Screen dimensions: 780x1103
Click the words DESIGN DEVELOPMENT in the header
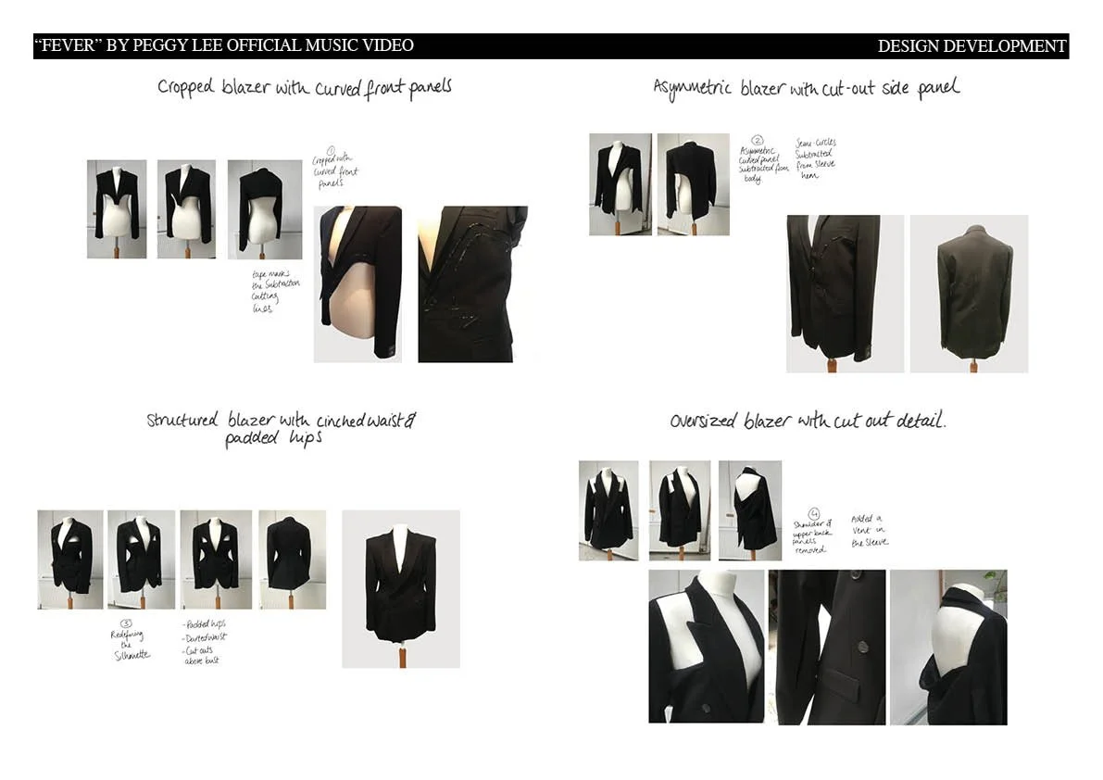pyautogui.click(x=971, y=46)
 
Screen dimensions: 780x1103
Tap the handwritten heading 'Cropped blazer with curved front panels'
pyautogui.click(x=304, y=88)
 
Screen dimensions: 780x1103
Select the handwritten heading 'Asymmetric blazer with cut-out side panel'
pyautogui.click(x=806, y=88)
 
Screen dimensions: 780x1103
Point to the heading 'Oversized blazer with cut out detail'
pyautogui.click(x=808, y=421)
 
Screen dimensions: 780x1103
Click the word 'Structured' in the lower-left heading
pyautogui.click(x=182, y=421)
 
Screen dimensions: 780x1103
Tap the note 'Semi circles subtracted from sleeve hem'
pyautogui.click(x=815, y=159)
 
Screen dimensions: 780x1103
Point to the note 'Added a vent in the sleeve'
pyautogui.click(x=869, y=530)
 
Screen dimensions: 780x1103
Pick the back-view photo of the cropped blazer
pyautogui.click(x=265, y=209)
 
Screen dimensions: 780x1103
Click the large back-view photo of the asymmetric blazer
pyautogui.click(x=969, y=294)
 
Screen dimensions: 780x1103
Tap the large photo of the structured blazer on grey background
pyautogui.click(x=401, y=588)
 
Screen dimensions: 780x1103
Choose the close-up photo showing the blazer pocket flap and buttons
pyautogui.click(x=826, y=647)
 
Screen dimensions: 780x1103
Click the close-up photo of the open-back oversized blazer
pyautogui.click(x=947, y=647)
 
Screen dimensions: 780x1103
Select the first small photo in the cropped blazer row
pyautogui.click(x=117, y=209)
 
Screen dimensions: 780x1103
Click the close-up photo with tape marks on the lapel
pyautogui.click(x=472, y=283)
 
